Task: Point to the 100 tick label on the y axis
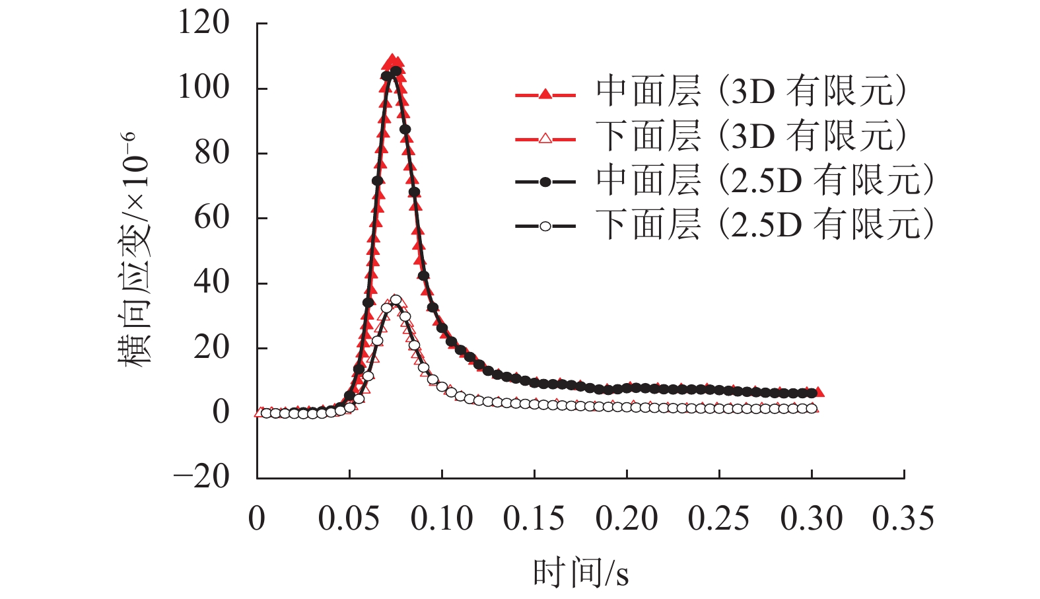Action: pos(203,87)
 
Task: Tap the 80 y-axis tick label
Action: pos(212,153)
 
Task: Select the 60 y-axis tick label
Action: pos(212,217)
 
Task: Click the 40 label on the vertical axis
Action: pos(212,282)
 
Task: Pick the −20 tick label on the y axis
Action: pos(201,477)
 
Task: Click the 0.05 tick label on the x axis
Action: pos(349,519)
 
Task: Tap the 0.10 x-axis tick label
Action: pos(441,519)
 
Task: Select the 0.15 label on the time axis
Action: pos(534,519)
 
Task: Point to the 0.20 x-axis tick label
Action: pos(626,519)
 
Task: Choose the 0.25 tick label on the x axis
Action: pos(718,519)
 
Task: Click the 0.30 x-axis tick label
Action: pos(811,519)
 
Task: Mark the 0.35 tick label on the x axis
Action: pos(903,519)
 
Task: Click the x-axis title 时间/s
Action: pos(580,573)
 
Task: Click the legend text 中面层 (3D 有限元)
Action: pos(751,91)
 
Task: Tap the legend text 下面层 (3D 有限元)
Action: pos(751,136)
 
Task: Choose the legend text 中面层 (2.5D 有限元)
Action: pos(765,180)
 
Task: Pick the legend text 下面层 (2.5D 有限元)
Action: pos(765,225)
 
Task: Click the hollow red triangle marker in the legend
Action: pos(545,139)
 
